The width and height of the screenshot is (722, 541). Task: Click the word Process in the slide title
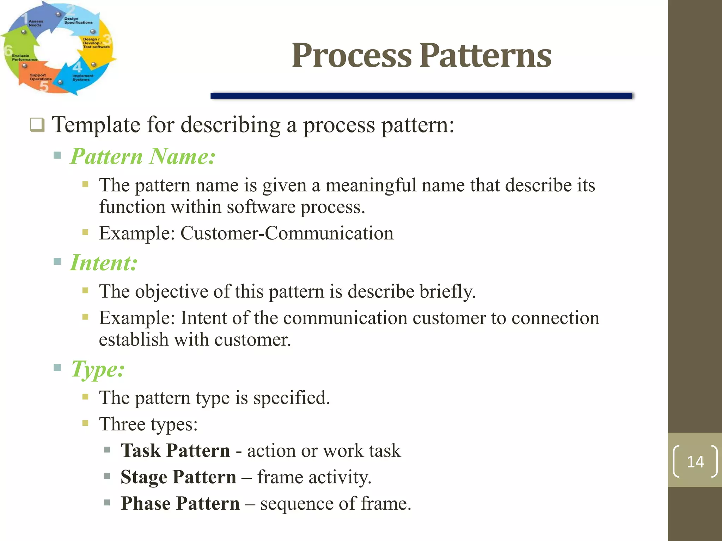[351, 55]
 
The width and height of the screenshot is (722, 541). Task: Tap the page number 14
[695, 462]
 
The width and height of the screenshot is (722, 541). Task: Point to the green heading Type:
[98, 369]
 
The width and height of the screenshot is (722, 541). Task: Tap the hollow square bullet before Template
[37, 125]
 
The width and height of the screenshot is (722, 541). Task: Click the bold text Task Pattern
[175, 450]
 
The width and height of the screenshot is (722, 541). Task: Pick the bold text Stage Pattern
[178, 477]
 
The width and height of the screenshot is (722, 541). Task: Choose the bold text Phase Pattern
[180, 503]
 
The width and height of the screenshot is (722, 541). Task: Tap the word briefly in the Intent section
[447, 292]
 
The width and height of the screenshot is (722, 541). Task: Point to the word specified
[291, 398]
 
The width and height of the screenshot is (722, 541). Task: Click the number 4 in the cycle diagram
[77, 67]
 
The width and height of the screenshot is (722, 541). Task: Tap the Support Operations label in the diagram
[40, 77]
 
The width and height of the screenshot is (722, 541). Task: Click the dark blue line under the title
[421, 96]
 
